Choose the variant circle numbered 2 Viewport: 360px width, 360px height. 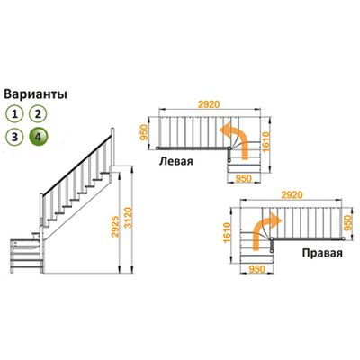pos(39,113)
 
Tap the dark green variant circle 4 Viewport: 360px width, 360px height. pos(39,137)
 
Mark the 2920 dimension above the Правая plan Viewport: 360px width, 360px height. pos(292,193)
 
